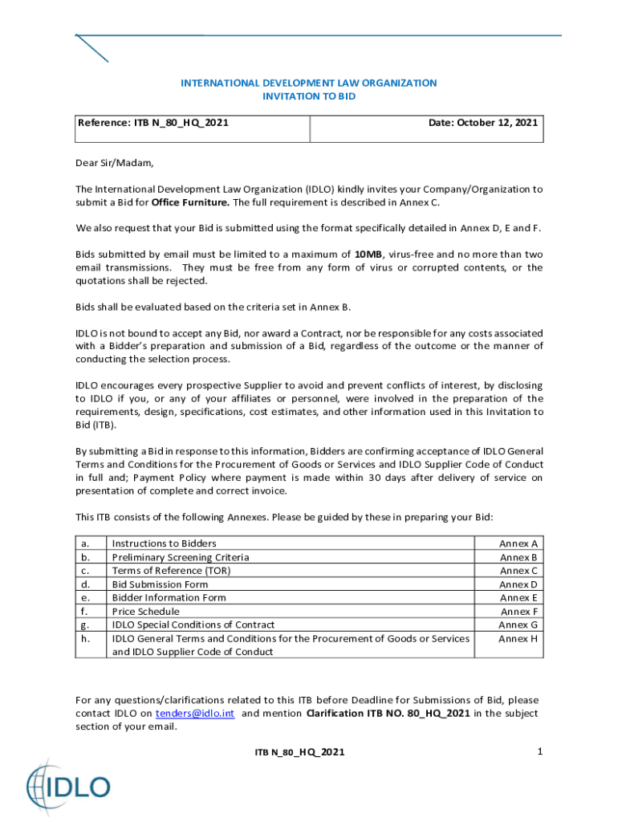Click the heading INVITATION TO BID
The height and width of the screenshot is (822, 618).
pos(308,96)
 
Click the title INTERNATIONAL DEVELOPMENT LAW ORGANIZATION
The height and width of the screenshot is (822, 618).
pos(308,83)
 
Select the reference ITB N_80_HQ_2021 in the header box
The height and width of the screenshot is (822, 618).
pos(153,123)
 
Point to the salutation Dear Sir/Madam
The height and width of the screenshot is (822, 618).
pos(114,163)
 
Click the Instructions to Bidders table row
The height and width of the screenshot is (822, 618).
pos(164,543)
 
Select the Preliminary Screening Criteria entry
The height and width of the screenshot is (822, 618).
pos(180,557)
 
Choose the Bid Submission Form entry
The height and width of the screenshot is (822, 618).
pos(160,584)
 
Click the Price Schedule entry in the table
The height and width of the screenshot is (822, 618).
pos(145,612)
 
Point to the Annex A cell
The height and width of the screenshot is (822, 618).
pos(518,543)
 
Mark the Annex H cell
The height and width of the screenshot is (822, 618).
pos(518,639)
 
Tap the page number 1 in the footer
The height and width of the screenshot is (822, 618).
pos(540,751)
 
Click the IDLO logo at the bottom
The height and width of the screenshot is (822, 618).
pos(68,785)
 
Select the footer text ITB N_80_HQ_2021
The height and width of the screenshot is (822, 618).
pos(299,752)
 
